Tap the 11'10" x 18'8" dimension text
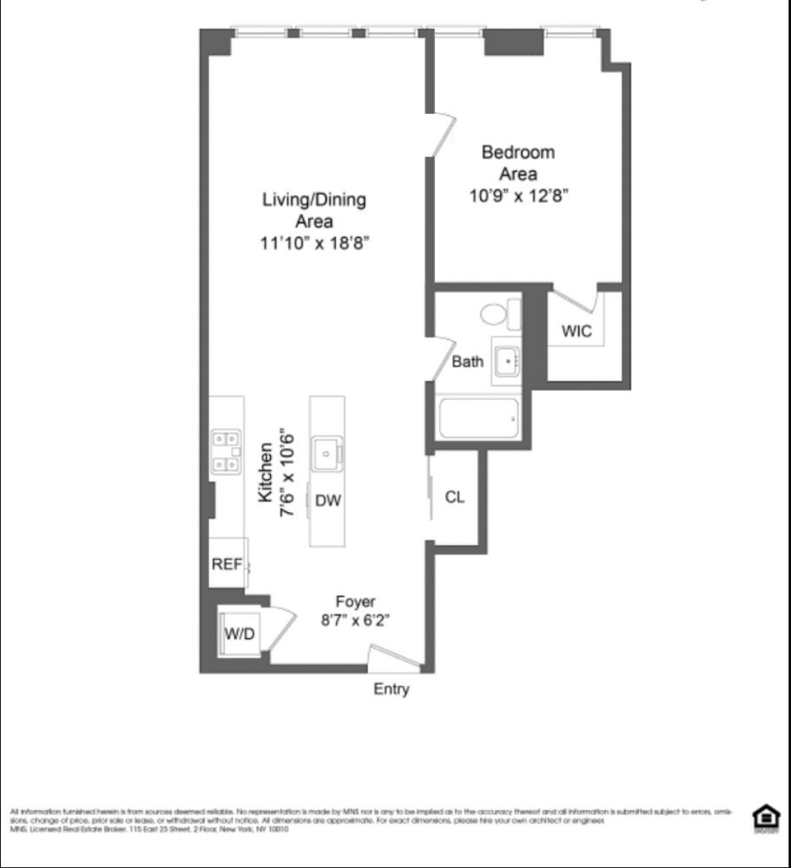coord(314,243)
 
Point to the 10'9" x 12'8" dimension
coord(518,195)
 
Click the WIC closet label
coord(577,331)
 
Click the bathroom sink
coord(506,358)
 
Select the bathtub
coord(479,419)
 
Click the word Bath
coord(467,362)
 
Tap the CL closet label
coord(454,497)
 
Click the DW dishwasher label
coord(327,500)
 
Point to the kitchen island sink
coord(327,453)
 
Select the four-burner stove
coord(226,452)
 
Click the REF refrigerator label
coord(227,564)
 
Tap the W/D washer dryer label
coord(240,634)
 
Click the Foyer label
coord(355,602)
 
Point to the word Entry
coord(391,689)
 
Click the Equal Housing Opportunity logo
coord(767,818)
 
